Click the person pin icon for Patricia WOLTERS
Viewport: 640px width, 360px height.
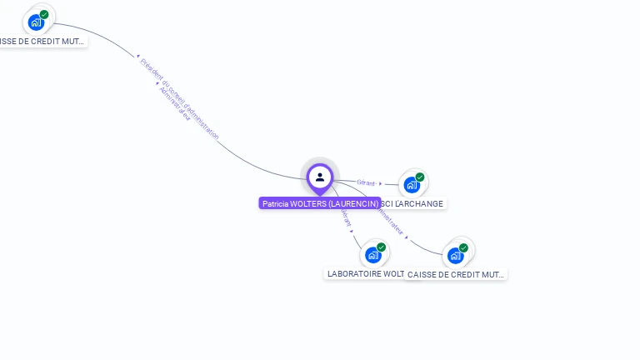320,177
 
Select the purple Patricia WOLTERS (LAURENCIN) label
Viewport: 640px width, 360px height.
320,203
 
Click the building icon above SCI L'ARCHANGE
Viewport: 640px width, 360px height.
412,185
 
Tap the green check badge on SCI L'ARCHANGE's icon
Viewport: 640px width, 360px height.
420,177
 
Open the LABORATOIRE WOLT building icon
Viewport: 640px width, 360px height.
372,255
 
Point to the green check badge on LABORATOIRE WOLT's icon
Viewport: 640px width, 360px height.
381,247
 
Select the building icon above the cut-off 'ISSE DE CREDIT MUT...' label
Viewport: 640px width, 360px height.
36,22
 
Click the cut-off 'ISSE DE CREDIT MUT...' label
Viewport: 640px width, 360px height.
42,41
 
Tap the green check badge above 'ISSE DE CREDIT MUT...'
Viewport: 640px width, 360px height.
44,14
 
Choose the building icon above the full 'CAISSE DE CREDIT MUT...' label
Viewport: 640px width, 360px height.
455,256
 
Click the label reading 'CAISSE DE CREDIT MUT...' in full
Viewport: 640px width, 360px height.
457,274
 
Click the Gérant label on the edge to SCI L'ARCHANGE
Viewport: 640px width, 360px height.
366,182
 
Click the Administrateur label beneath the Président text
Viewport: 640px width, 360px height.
175,104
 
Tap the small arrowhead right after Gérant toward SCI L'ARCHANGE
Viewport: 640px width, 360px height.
380,183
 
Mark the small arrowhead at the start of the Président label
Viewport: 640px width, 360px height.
138,57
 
